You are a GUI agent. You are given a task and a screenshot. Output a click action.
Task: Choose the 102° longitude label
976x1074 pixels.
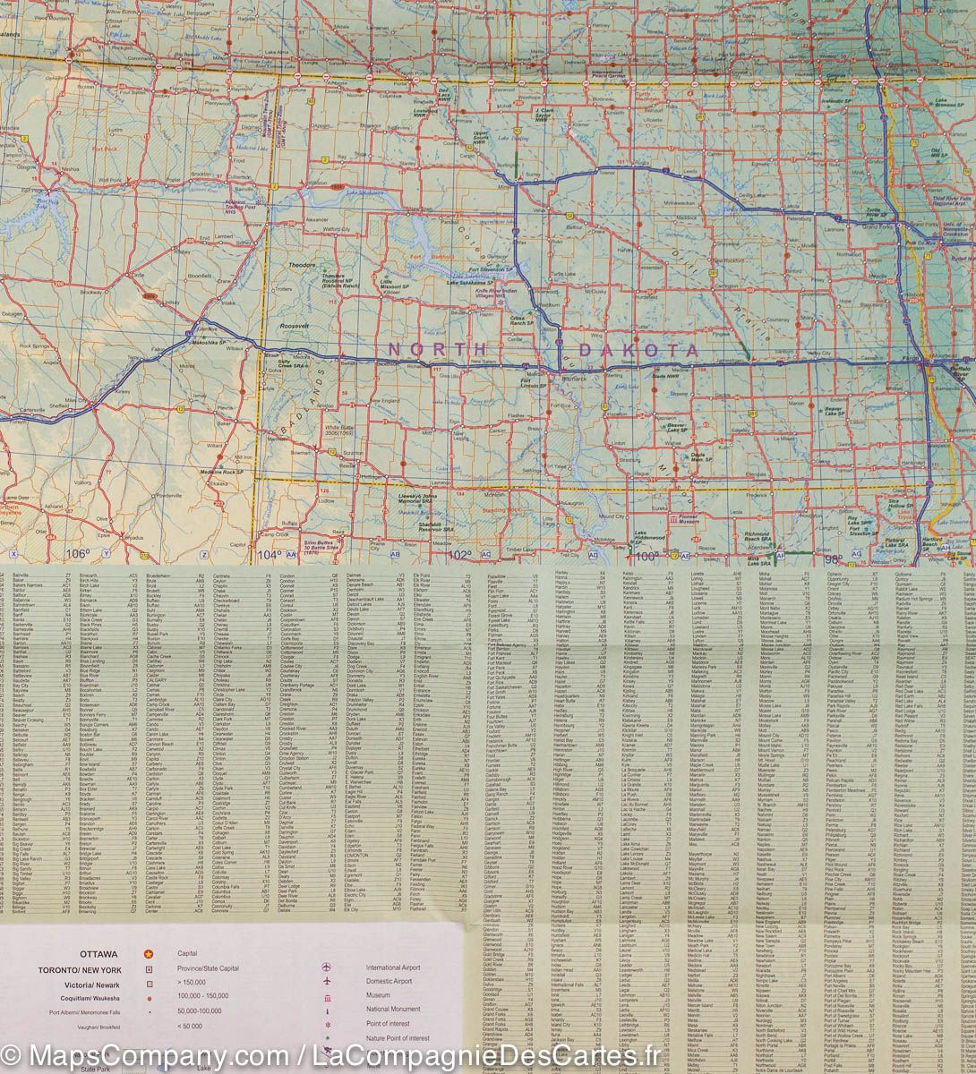[x=459, y=555]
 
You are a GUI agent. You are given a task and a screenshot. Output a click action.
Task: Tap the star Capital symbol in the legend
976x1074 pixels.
[x=149, y=954]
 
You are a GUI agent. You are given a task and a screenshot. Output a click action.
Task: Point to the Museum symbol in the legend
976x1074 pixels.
[x=327, y=996]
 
